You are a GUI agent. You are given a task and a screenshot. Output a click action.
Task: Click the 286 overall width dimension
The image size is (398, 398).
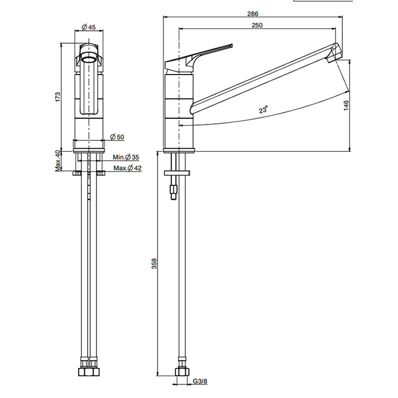point(253,14)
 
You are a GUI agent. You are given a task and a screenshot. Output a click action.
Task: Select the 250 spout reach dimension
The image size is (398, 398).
point(257,25)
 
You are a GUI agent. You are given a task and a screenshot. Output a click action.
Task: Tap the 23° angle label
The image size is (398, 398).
point(263,109)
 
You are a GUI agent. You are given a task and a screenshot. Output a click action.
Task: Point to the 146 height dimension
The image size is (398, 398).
point(346,105)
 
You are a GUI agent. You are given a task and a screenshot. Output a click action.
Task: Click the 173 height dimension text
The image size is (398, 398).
point(58,97)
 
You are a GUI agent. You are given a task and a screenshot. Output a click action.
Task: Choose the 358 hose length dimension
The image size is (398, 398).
point(154,263)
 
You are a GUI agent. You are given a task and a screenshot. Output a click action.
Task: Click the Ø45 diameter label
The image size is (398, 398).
point(89,27)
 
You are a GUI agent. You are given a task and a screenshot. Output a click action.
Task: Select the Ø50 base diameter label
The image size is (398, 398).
point(117,137)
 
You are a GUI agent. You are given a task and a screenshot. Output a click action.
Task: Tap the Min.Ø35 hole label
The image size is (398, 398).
point(126,157)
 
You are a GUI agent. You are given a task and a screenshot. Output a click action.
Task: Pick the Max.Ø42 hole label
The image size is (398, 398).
point(127,168)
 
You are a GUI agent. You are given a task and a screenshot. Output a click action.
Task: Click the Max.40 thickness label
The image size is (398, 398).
point(58,161)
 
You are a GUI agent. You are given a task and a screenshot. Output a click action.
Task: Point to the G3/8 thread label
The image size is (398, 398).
point(200,381)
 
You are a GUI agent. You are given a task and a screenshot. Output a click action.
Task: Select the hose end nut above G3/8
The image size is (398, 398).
point(182,372)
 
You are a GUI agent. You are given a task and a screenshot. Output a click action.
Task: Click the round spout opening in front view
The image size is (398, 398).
point(89,60)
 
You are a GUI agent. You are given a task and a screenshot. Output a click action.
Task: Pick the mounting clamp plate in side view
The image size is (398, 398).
point(177,173)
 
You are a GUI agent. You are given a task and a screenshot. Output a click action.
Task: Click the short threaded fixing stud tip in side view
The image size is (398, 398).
point(173,197)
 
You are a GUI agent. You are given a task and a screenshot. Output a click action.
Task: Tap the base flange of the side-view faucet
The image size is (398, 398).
point(179,150)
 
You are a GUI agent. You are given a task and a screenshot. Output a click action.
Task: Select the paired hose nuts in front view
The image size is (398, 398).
point(89,372)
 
